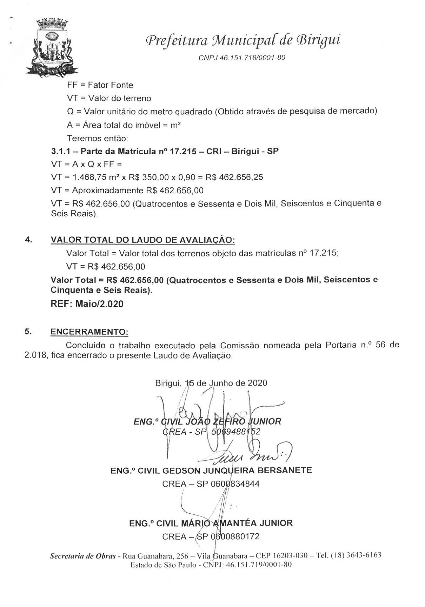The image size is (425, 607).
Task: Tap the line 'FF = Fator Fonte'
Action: pos(100,85)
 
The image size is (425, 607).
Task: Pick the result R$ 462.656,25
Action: pos(234,178)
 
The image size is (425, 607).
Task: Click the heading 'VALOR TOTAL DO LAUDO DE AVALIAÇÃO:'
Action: pos(142,240)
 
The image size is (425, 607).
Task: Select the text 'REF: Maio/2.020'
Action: pos(87,304)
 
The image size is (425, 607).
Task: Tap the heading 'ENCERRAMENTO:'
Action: pos(89,332)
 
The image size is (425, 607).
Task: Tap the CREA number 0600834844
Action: pos(235,484)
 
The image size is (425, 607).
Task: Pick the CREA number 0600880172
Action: pos(235,536)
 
